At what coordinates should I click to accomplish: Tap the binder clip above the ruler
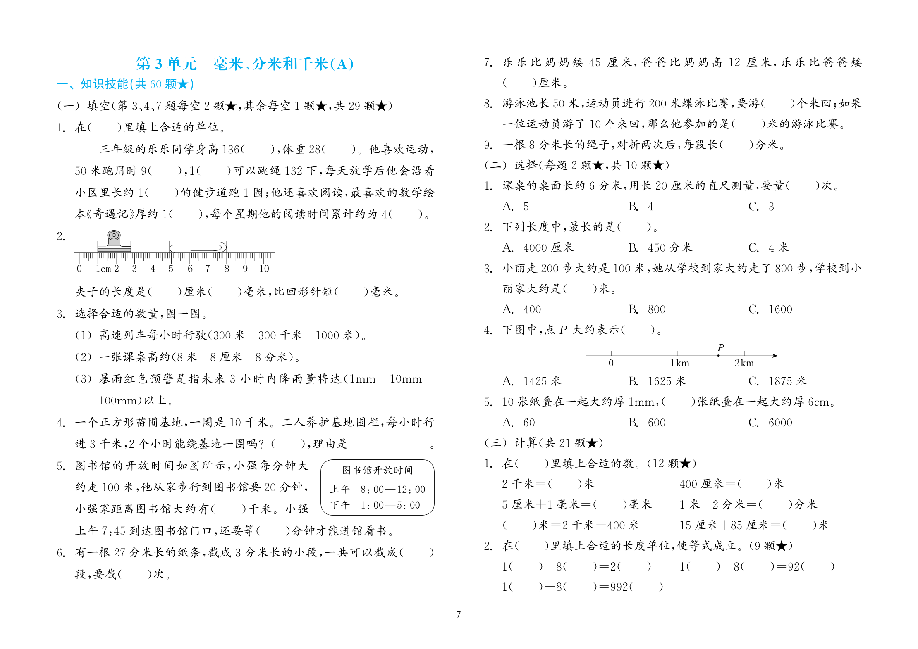114,242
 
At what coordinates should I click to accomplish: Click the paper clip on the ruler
198,247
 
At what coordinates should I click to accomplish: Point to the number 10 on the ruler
264,269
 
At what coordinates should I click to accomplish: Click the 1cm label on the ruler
103,269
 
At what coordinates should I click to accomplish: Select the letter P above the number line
721,347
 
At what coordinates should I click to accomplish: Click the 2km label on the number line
744,363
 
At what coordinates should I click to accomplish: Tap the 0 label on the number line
611,363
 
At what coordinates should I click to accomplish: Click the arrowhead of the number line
775,355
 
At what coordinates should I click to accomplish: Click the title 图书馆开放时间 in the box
377,470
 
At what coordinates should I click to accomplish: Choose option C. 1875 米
777,381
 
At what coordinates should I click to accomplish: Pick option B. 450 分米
660,248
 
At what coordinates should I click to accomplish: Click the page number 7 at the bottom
458,614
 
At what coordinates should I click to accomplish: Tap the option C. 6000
770,423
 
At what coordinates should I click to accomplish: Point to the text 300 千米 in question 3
280,335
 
